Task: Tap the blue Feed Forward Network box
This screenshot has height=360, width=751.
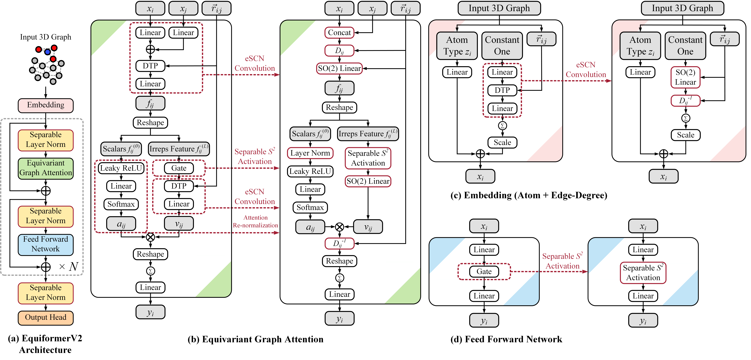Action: (46, 244)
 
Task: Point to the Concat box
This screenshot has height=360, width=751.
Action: (339, 33)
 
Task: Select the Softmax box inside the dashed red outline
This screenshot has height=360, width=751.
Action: (121, 204)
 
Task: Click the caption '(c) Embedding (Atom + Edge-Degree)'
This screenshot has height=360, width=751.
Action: (529, 195)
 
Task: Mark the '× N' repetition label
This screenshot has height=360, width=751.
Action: (69, 266)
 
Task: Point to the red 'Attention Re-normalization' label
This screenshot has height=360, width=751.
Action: (255, 222)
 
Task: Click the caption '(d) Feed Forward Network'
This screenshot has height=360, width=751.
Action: (506, 339)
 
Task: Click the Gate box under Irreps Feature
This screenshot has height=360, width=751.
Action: (179, 168)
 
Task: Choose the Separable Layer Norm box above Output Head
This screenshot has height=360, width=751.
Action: (46, 293)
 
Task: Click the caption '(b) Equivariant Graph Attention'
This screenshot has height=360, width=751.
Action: (255, 339)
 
